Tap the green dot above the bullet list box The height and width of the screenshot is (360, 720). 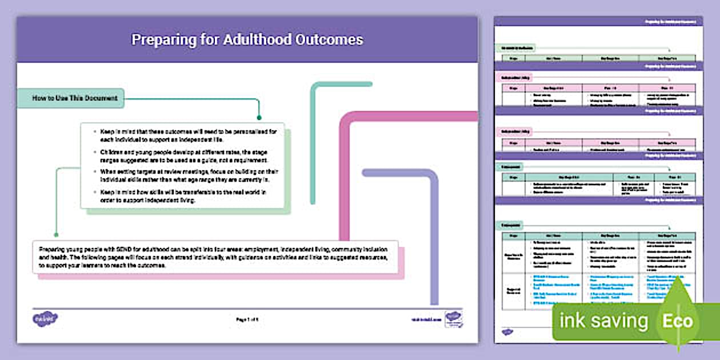click(259, 118)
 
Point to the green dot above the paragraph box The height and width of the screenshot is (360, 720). click(56, 234)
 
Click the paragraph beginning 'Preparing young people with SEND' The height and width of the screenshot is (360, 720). click(211, 257)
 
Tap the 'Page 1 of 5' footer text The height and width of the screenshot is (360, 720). click(247, 319)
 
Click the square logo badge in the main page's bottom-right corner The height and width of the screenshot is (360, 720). click(454, 319)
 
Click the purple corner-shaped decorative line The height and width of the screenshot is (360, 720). click(434, 229)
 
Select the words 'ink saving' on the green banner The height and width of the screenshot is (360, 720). click(603, 321)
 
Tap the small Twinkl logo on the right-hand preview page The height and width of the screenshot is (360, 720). click(507, 331)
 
